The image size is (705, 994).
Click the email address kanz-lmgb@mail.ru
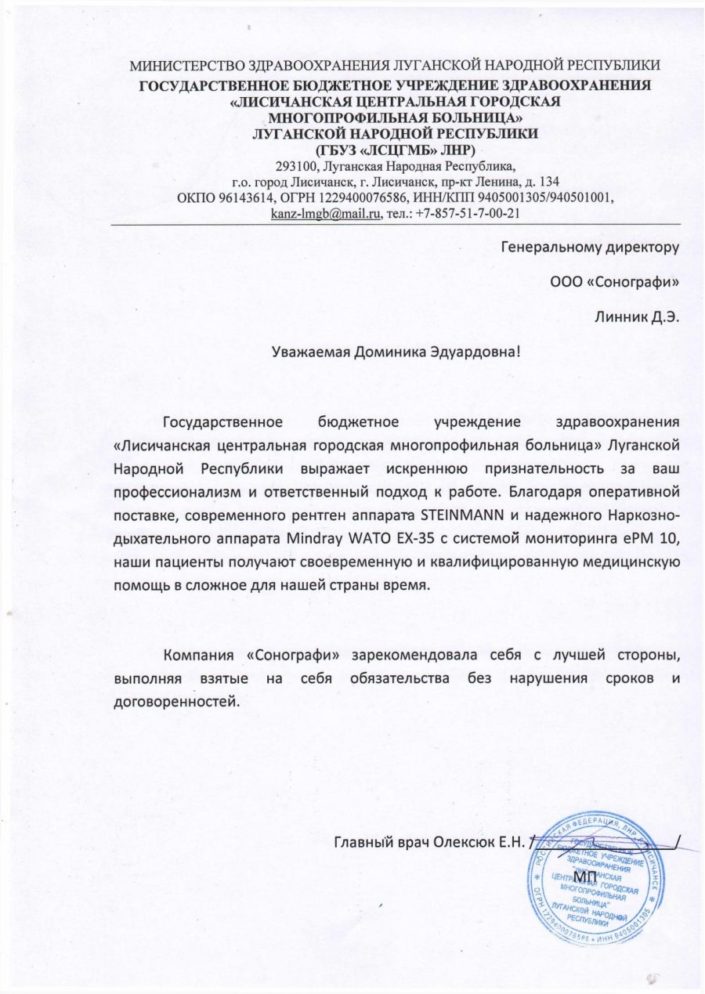(x=324, y=213)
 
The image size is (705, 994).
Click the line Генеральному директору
(x=589, y=250)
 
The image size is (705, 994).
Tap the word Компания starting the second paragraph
(x=196, y=654)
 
